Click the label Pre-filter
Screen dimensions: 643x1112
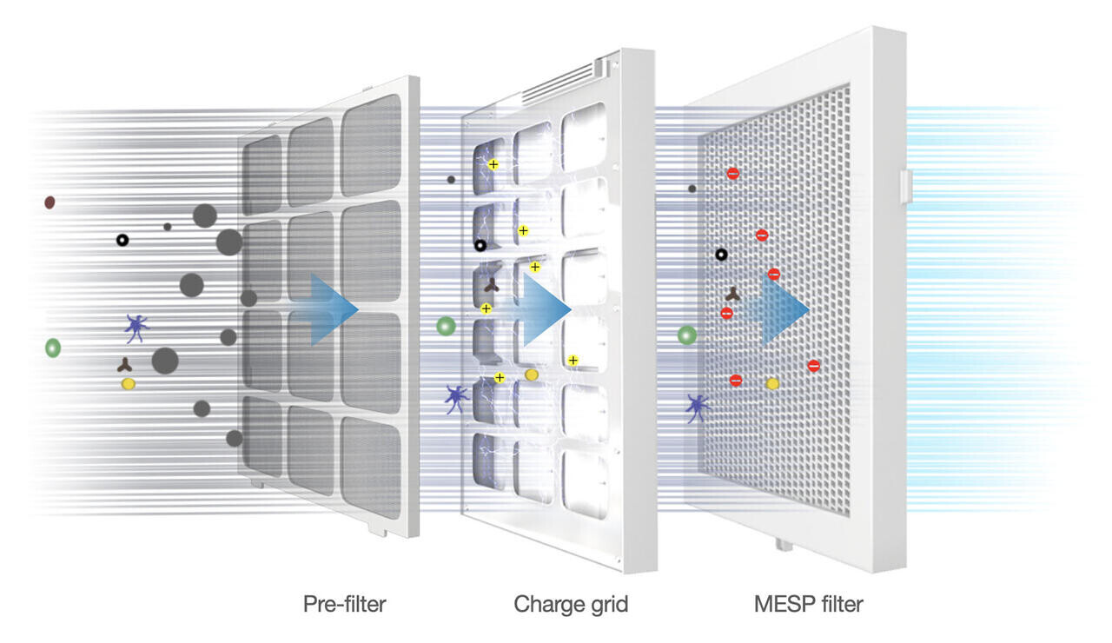pyautogui.click(x=344, y=603)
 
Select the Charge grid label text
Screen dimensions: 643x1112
pyautogui.click(x=570, y=603)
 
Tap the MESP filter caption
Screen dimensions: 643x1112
pyautogui.click(x=808, y=603)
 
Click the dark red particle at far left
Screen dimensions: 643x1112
pyautogui.click(x=50, y=202)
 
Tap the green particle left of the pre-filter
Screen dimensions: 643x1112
pyautogui.click(x=53, y=348)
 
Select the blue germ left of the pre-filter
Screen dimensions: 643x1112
pyautogui.click(x=136, y=328)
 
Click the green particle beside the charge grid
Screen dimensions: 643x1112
pyautogui.click(x=446, y=327)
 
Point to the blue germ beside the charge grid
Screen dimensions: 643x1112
pyautogui.click(x=456, y=398)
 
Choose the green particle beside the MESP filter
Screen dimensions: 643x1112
pyautogui.click(x=686, y=335)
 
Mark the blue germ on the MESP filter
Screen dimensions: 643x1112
pyautogui.click(x=696, y=406)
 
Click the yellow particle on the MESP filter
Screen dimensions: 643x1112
pyautogui.click(x=771, y=383)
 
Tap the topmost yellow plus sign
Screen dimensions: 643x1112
pyautogui.click(x=493, y=164)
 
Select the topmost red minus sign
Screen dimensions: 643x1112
pyautogui.click(x=733, y=174)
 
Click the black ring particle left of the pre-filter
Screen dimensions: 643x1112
pyautogui.click(x=122, y=239)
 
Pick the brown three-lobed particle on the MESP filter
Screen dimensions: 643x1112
pyautogui.click(x=732, y=295)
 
